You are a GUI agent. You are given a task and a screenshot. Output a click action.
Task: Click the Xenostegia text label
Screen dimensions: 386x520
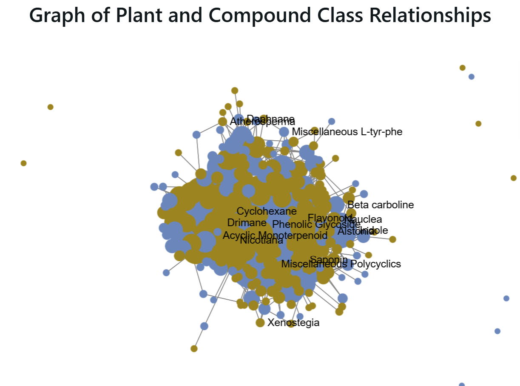(293, 323)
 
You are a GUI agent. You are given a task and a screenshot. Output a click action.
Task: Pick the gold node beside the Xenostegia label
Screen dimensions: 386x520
(260, 323)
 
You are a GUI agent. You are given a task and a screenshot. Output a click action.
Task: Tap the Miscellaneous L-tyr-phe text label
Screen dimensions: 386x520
(347, 132)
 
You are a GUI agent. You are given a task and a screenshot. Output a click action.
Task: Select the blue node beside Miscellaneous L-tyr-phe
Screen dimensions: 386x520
(284, 132)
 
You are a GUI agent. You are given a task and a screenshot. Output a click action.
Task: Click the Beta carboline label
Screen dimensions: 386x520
(381, 205)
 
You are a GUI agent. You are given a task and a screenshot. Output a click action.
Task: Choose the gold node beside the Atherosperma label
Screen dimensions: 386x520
(222, 122)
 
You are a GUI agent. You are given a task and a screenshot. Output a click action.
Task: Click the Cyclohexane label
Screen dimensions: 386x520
(267, 211)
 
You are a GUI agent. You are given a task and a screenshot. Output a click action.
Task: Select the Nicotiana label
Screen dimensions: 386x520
(261, 241)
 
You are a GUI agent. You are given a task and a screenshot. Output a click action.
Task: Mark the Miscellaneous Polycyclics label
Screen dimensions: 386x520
(341, 264)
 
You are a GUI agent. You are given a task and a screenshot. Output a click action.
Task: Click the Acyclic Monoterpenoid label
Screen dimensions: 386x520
(275, 235)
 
